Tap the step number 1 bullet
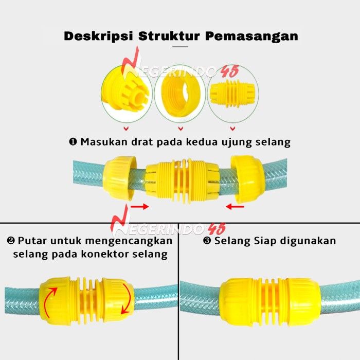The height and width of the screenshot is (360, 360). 73,141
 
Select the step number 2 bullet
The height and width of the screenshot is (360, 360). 10,240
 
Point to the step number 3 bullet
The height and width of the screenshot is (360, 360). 207,240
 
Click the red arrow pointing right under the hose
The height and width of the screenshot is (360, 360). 138,207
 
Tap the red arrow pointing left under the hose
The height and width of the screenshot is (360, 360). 236,207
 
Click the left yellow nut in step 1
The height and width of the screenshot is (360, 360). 119,178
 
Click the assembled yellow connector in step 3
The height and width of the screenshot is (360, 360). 269,301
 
